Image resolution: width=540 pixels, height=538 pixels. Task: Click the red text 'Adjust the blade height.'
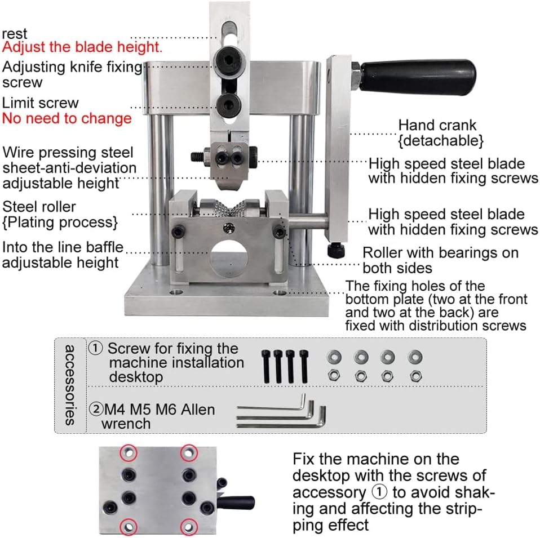tap(82, 47)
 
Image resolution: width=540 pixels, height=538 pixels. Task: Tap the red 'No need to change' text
tap(67, 118)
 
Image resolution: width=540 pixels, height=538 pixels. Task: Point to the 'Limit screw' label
tap(41, 103)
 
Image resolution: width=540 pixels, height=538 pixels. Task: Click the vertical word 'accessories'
tap(70, 385)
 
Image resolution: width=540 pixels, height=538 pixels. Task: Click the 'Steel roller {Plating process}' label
tap(60, 214)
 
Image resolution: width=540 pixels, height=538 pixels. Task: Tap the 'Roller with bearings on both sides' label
tap(440, 260)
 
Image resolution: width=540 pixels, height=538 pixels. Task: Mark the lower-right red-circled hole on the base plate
tap(188, 527)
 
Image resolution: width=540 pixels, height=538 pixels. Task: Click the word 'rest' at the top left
tap(15, 34)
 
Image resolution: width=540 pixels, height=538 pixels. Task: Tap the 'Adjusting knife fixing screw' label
tap(72, 74)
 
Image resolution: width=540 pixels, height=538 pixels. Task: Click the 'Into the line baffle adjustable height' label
tap(63, 255)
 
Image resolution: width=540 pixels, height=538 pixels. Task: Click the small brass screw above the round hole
tap(230, 227)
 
